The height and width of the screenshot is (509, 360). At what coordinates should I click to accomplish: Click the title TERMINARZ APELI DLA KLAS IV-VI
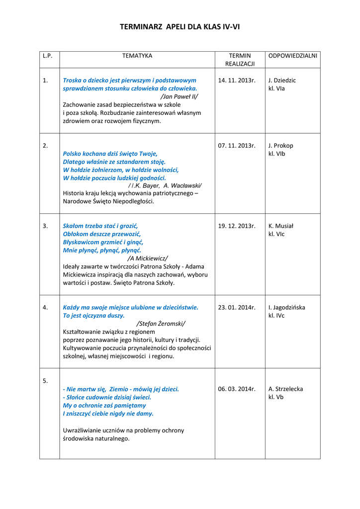pos(180,27)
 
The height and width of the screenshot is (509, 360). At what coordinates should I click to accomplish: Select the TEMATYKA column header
pos(137,56)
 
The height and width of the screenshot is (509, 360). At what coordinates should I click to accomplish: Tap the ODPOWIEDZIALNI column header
pos(292,56)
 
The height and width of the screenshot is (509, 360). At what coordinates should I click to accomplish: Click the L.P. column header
pos(48,56)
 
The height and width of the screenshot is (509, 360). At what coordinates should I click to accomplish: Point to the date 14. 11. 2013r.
pos(237,80)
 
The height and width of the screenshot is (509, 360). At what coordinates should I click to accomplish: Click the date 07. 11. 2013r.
pos(237,146)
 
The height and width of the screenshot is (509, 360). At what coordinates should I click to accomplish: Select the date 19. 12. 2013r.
pos(237,226)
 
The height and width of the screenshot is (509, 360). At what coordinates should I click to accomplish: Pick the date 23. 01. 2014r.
pos(237,307)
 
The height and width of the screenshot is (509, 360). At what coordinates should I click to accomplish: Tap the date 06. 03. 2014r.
pos(237,389)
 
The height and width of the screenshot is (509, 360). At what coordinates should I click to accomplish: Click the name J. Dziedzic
pos(282,80)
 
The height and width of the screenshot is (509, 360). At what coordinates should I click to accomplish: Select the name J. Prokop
pos(280,146)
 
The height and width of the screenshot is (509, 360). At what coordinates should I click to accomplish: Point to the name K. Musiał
pos(281,226)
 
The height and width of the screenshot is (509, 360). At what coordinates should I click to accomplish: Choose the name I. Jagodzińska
pos(287,307)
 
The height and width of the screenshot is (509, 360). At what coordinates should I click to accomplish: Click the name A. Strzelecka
pos(285,389)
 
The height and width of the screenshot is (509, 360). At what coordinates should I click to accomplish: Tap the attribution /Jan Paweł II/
pos(180,96)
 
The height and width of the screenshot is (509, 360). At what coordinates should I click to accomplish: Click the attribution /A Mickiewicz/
pos(148,258)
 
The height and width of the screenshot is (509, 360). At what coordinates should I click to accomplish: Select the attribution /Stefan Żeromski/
pos(161,324)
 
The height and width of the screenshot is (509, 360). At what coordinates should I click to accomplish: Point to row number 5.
pos(45,381)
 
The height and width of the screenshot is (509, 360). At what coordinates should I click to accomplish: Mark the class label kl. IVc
pos(276,316)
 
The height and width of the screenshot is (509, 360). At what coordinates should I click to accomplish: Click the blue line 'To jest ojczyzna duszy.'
pos(93,316)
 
